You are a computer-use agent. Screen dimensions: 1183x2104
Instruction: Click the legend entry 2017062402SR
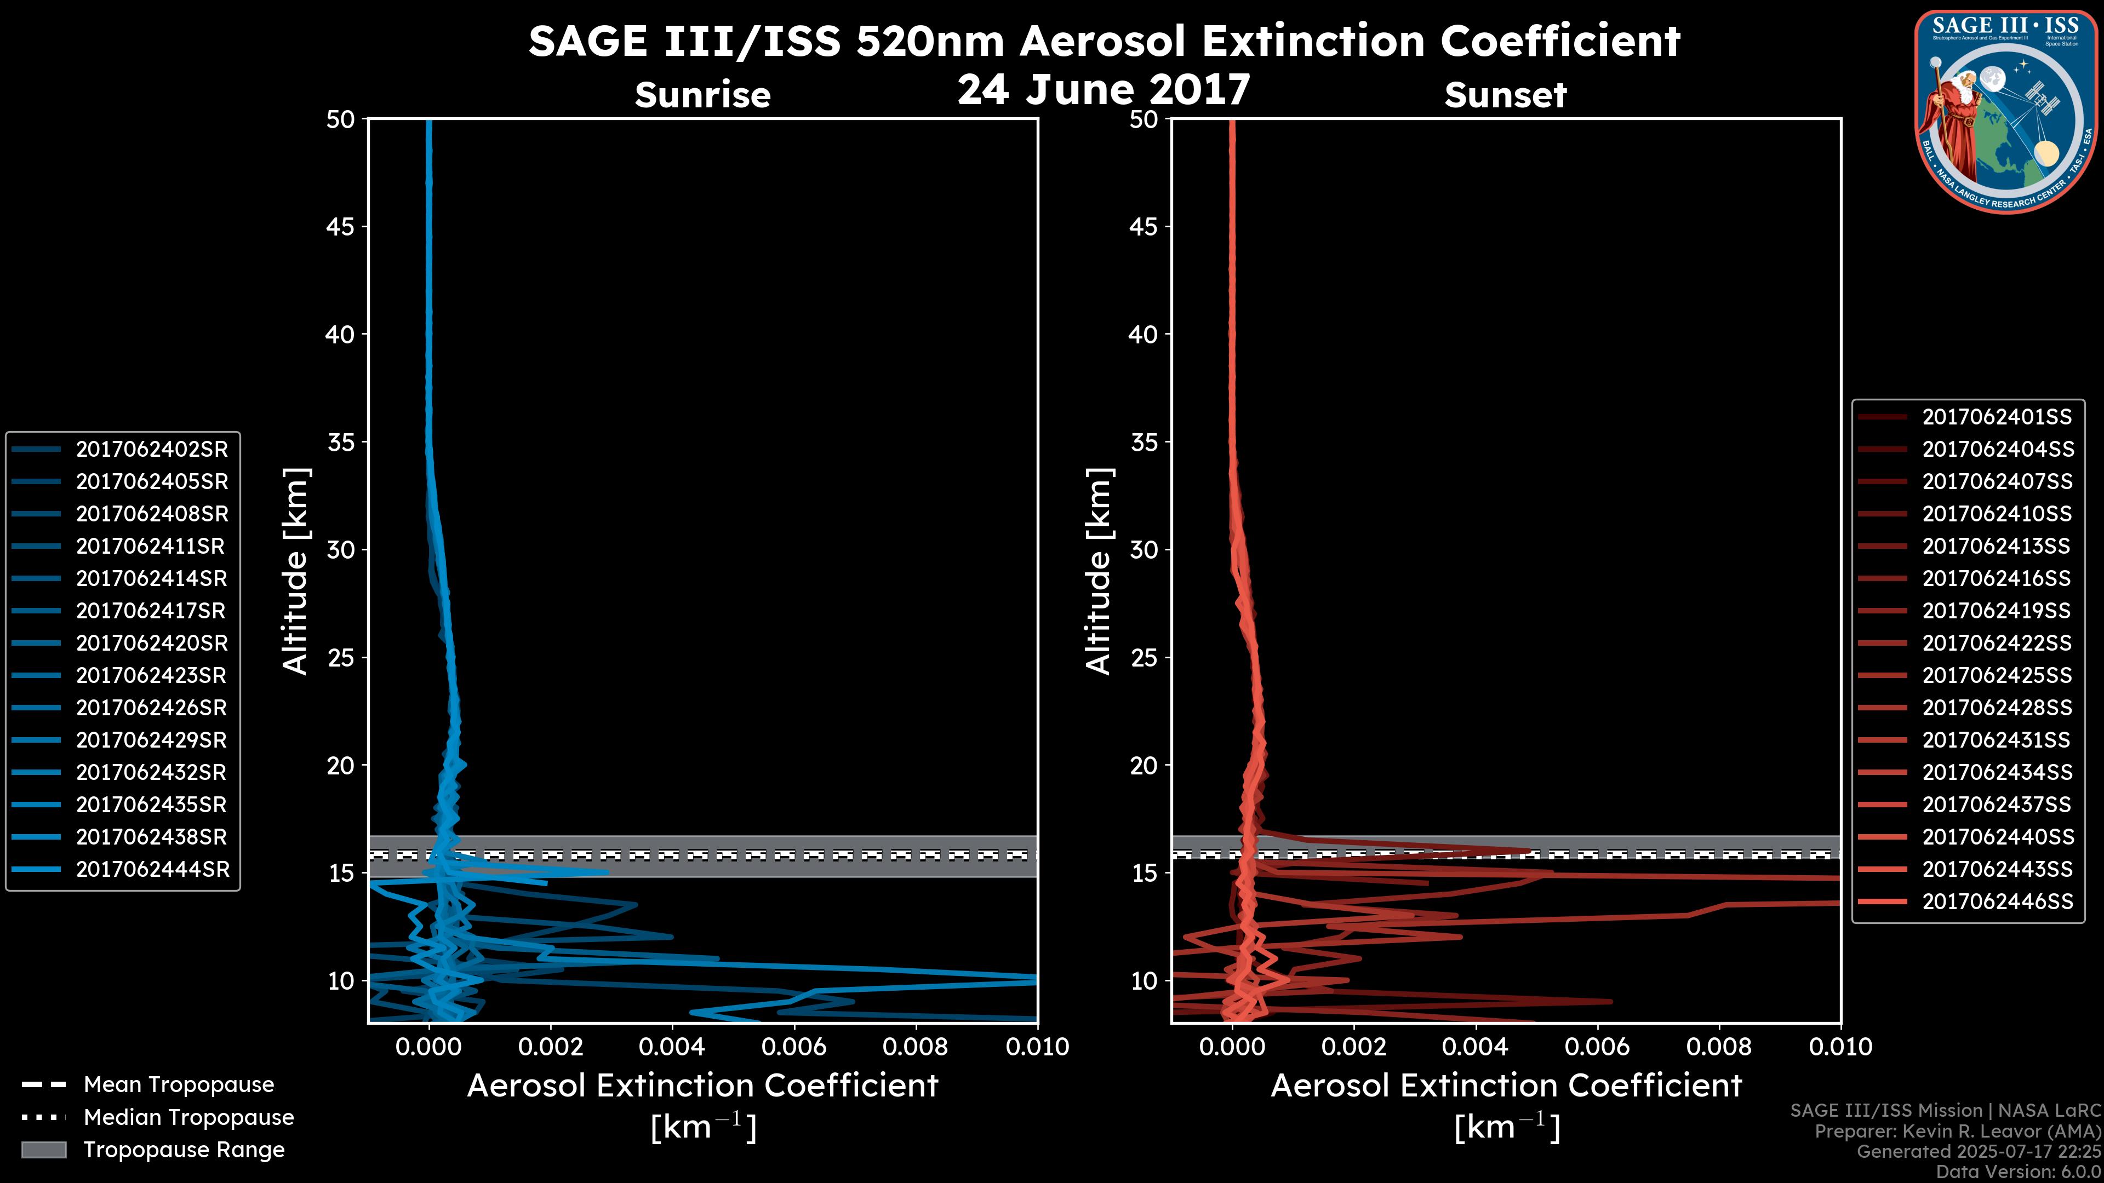pyautogui.click(x=152, y=450)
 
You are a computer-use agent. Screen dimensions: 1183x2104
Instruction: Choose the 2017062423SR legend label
pyautogui.click(x=152, y=676)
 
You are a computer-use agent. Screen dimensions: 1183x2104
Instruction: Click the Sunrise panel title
pyautogui.click(x=702, y=95)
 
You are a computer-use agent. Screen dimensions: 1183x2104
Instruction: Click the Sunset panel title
pyautogui.click(x=1505, y=95)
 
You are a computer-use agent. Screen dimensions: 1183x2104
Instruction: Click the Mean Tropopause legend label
pyautogui.click(x=179, y=1085)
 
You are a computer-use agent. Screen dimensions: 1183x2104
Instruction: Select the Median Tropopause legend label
pyautogui.click(x=188, y=1118)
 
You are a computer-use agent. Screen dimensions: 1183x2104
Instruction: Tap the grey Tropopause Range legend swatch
pyautogui.click(x=43, y=1150)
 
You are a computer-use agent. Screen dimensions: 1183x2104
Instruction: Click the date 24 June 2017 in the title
pyautogui.click(x=1104, y=90)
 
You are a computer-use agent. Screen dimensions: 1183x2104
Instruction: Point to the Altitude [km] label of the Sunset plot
pyautogui.click(x=1099, y=571)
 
